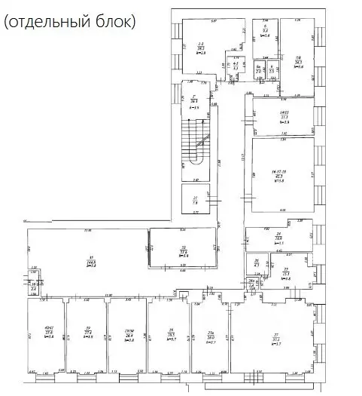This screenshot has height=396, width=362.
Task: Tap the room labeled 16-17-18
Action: (282, 175)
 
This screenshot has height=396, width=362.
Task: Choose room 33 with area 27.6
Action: (181, 248)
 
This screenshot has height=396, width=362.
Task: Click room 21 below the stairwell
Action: (194, 199)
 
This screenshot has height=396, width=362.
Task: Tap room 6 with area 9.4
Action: (265, 34)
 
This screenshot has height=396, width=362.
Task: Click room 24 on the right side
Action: (278, 238)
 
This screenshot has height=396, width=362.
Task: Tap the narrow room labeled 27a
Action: (211, 335)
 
